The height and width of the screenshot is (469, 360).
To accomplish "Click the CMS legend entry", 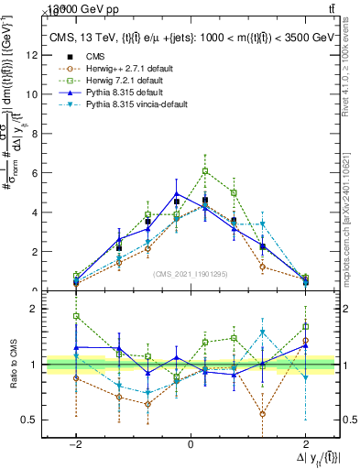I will coord(95,55).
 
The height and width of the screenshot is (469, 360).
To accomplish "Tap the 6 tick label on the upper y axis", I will coord(34,172).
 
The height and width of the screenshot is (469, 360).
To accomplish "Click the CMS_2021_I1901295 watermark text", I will coord(190,273).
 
